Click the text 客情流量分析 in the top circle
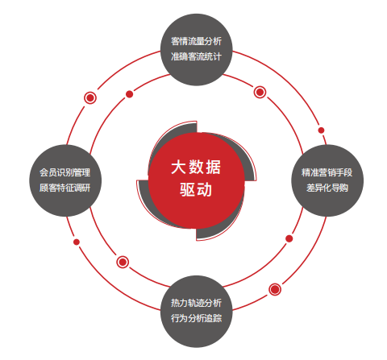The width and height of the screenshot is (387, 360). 196,41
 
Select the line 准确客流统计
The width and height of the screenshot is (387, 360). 196,56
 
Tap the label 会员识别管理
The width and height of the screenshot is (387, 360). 64,172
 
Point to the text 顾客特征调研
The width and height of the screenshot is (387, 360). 64,188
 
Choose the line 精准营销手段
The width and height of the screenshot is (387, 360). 327,172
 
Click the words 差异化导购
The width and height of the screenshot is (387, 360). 327,188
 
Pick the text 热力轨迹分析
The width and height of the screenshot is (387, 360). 196,303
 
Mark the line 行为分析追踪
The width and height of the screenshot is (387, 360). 196,318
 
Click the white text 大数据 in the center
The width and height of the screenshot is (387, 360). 196,167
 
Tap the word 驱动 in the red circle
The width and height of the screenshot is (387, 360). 196,189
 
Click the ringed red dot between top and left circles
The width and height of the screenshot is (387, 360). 90,97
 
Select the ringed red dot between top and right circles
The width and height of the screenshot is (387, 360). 260,92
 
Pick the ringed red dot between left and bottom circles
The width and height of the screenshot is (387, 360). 123,262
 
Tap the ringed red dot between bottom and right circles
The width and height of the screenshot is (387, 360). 275,289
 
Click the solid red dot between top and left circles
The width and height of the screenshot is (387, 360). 130,94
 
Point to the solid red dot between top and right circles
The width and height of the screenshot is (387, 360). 321,130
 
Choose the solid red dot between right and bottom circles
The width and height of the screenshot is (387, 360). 289,238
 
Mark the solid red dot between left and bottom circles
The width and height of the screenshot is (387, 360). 77,242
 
